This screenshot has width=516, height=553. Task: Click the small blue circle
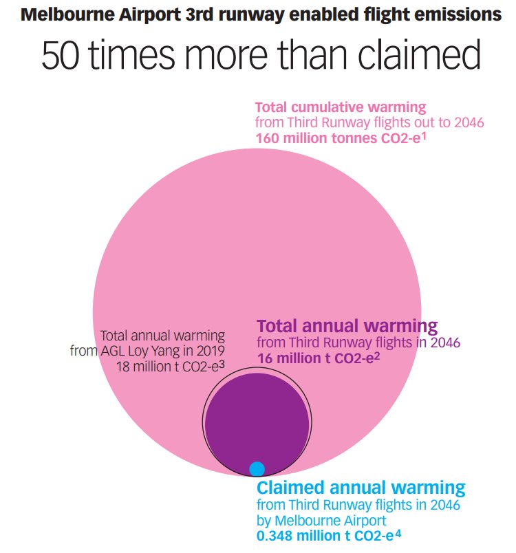(257, 468)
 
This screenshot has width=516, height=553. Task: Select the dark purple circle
(257, 420)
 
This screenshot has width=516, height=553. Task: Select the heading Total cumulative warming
(341, 108)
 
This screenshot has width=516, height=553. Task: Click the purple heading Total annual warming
(347, 325)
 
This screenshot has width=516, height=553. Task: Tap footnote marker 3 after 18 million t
(222, 363)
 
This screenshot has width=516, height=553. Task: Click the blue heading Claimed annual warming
(361, 488)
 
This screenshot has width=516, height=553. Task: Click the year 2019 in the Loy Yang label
(210, 351)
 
